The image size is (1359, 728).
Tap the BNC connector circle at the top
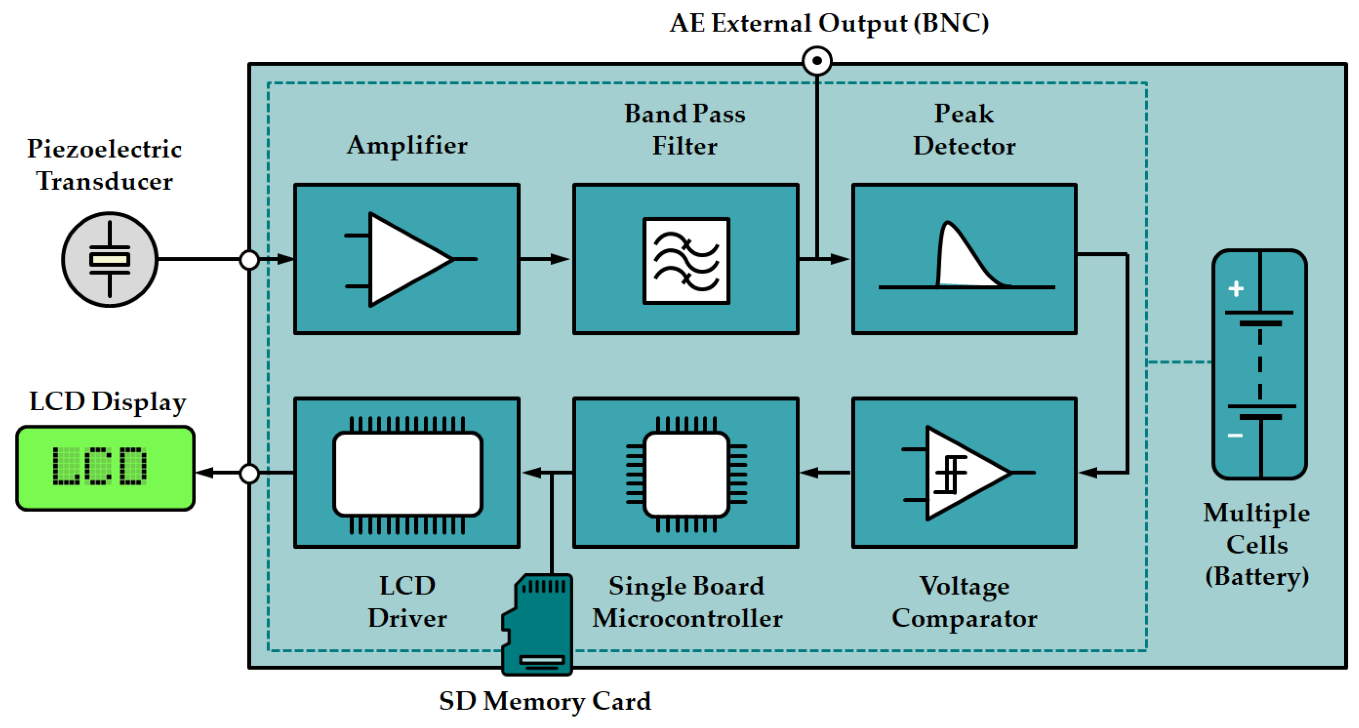tap(817, 61)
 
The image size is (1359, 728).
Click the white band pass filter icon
tap(686, 261)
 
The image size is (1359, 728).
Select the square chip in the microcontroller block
tap(686, 473)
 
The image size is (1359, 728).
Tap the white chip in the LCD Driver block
tap(407, 473)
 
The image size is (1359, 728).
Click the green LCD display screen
tap(105, 468)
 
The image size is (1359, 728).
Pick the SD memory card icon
tap(538, 625)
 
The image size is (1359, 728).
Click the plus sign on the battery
tap(1236, 289)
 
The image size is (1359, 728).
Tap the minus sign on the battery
tap(1235, 435)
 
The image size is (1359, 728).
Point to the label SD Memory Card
tap(545, 702)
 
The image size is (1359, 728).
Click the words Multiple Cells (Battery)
tap(1256, 544)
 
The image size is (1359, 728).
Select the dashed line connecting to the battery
tap(1180, 362)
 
